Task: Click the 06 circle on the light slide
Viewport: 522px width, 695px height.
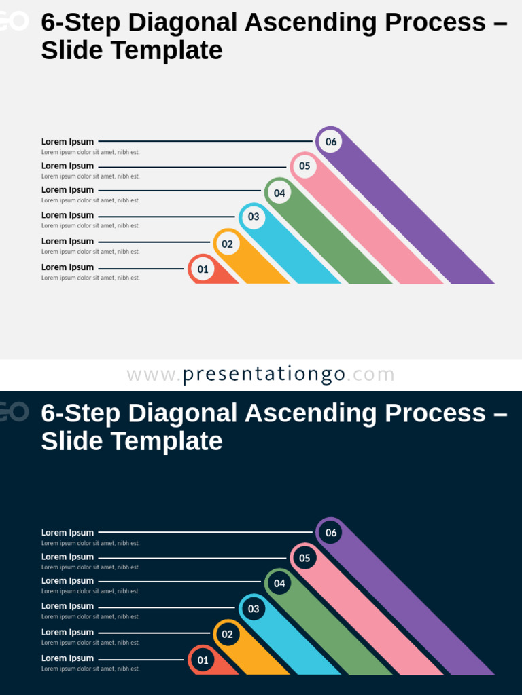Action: tap(330, 141)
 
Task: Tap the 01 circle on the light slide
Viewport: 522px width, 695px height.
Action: tap(203, 269)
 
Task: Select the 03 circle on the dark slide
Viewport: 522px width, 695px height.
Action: tap(253, 608)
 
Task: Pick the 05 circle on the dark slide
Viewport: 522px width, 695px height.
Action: tap(304, 558)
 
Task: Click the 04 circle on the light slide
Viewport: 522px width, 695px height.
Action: tap(279, 193)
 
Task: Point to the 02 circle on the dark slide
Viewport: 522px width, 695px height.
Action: tap(227, 634)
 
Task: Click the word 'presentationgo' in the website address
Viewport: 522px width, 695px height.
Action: tap(264, 375)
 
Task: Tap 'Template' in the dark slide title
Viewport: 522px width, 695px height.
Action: tap(167, 441)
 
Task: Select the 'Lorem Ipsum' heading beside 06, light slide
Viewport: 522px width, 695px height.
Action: tap(67, 142)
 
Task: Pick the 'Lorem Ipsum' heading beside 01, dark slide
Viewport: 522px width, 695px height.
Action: tap(67, 658)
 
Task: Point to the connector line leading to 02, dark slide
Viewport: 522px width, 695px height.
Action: tap(154, 633)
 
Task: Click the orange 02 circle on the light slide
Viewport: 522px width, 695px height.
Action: tap(227, 244)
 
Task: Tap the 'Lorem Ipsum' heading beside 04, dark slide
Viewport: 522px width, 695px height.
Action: tap(67, 580)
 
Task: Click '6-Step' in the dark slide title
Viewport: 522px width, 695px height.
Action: tap(80, 413)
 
